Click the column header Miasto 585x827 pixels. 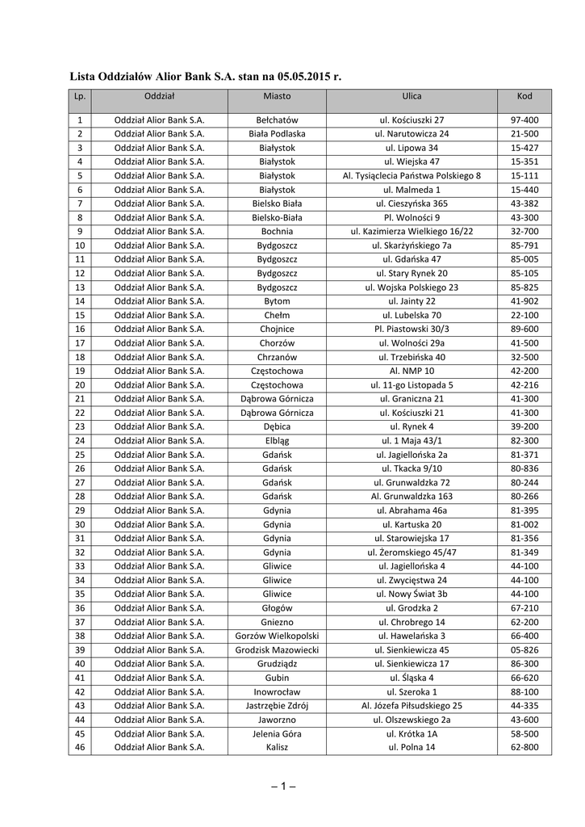click(x=277, y=96)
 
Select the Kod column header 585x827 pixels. click(x=524, y=96)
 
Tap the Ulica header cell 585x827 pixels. click(x=412, y=96)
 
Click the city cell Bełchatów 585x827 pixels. click(x=277, y=120)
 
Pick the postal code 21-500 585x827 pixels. click(x=524, y=134)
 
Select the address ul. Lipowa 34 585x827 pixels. click(x=412, y=148)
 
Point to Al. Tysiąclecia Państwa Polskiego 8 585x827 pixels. click(x=412, y=175)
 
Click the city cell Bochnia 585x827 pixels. click(x=277, y=231)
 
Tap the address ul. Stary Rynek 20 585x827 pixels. click(x=412, y=273)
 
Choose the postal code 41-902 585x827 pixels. click(x=524, y=300)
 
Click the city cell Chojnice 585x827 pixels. click(x=277, y=329)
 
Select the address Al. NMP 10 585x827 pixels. click(x=412, y=371)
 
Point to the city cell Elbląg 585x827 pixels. click(x=277, y=440)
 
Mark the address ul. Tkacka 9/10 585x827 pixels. click(x=412, y=468)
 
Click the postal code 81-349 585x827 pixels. click(x=524, y=552)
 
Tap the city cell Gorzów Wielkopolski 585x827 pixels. click(x=277, y=636)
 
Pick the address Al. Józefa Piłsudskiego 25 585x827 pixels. click(x=412, y=705)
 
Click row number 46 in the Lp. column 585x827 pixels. click(x=79, y=747)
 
